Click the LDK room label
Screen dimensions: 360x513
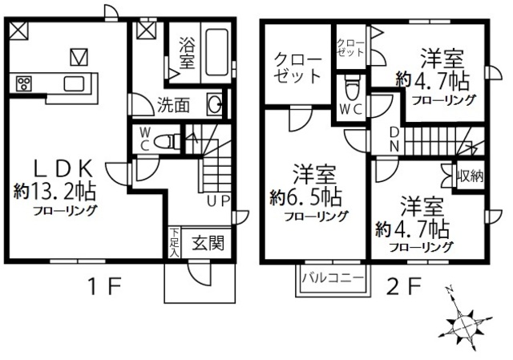(64, 168)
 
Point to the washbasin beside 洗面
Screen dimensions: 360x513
(214, 104)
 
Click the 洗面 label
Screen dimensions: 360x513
(172, 103)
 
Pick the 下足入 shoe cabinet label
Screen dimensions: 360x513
(173, 243)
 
